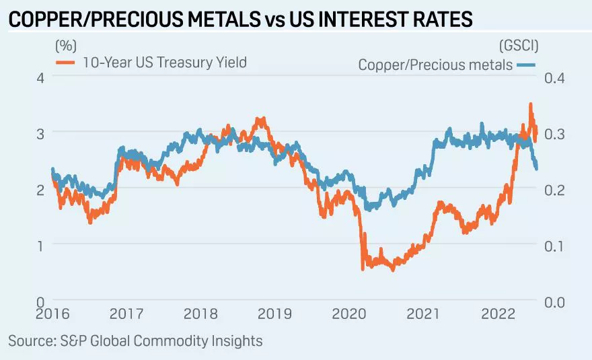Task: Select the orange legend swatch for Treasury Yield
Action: pyautogui.click(x=65, y=63)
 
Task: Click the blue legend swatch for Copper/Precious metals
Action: pyautogui.click(x=526, y=65)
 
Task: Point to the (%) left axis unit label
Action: pyautogui.click(x=65, y=46)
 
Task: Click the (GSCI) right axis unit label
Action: pyautogui.click(x=519, y=46)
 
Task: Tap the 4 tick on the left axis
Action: pyautogui.click(x=40, y=77)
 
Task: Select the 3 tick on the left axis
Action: pyautogui.click(x=40, y=133)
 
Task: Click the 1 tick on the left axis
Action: pyautogui.click(x=40, y=245)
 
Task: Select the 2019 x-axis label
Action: pyautogui.click(x=274, y=314)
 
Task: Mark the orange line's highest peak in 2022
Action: pyautogui.click(x=531, y=104)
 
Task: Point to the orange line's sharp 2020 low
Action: pyautogui.click(x=363, y=268)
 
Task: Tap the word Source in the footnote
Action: pyautogui.click(x=31, y=340)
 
